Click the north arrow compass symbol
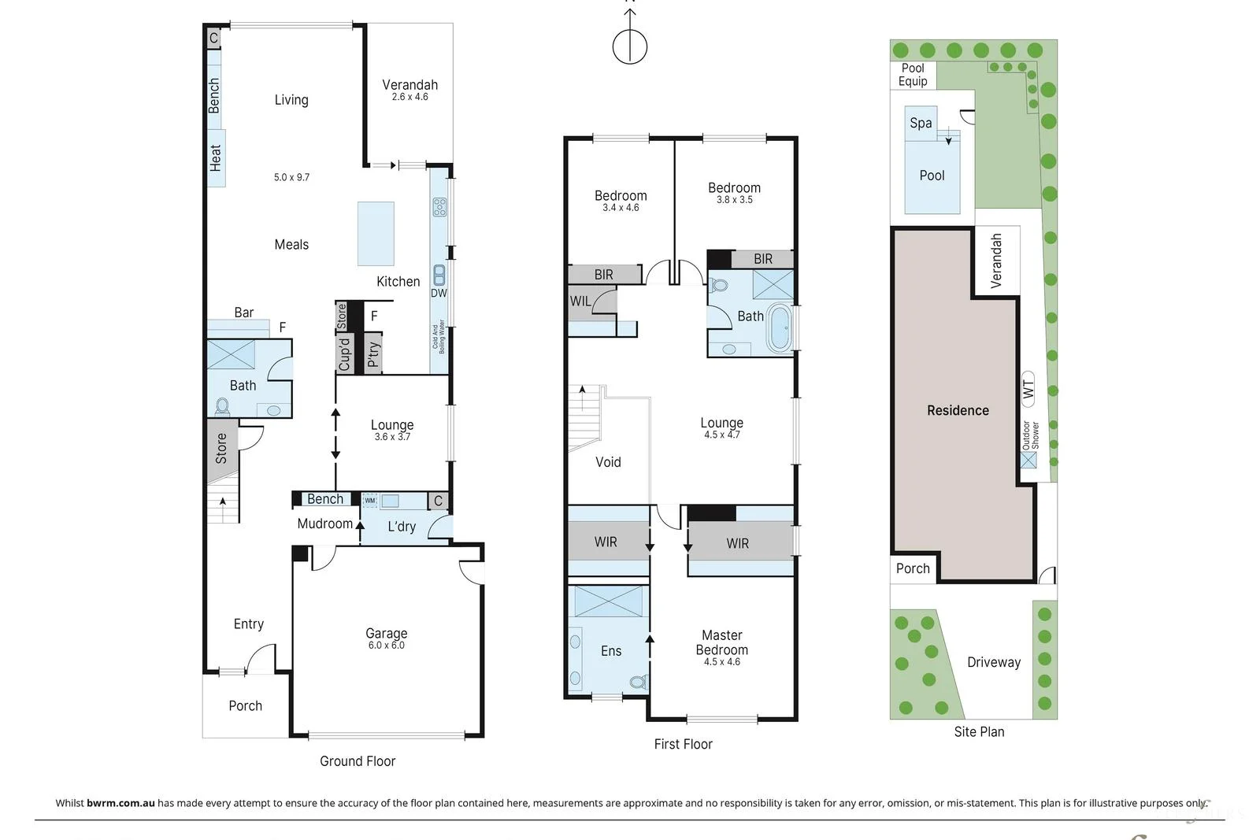pos(630,46)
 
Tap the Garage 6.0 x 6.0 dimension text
pos(386,646)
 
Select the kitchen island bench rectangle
pos(376,234)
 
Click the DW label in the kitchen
pos(439,293)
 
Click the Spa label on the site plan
pos(921,123)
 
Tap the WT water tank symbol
pos(1028,389)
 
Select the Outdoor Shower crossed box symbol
pos(1028,459)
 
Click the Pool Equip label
pos(913,75)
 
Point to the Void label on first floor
pos(608,462)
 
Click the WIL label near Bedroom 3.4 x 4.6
pos(580,301)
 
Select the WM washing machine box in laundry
pos(369,501)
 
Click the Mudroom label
pos(324,524)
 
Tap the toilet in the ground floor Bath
pos(223,407)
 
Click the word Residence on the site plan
pos(958,410)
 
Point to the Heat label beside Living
pos(216,157)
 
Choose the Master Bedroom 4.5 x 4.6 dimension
pos(721,662)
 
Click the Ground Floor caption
pos(358,761)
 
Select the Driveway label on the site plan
pos(993,662)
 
